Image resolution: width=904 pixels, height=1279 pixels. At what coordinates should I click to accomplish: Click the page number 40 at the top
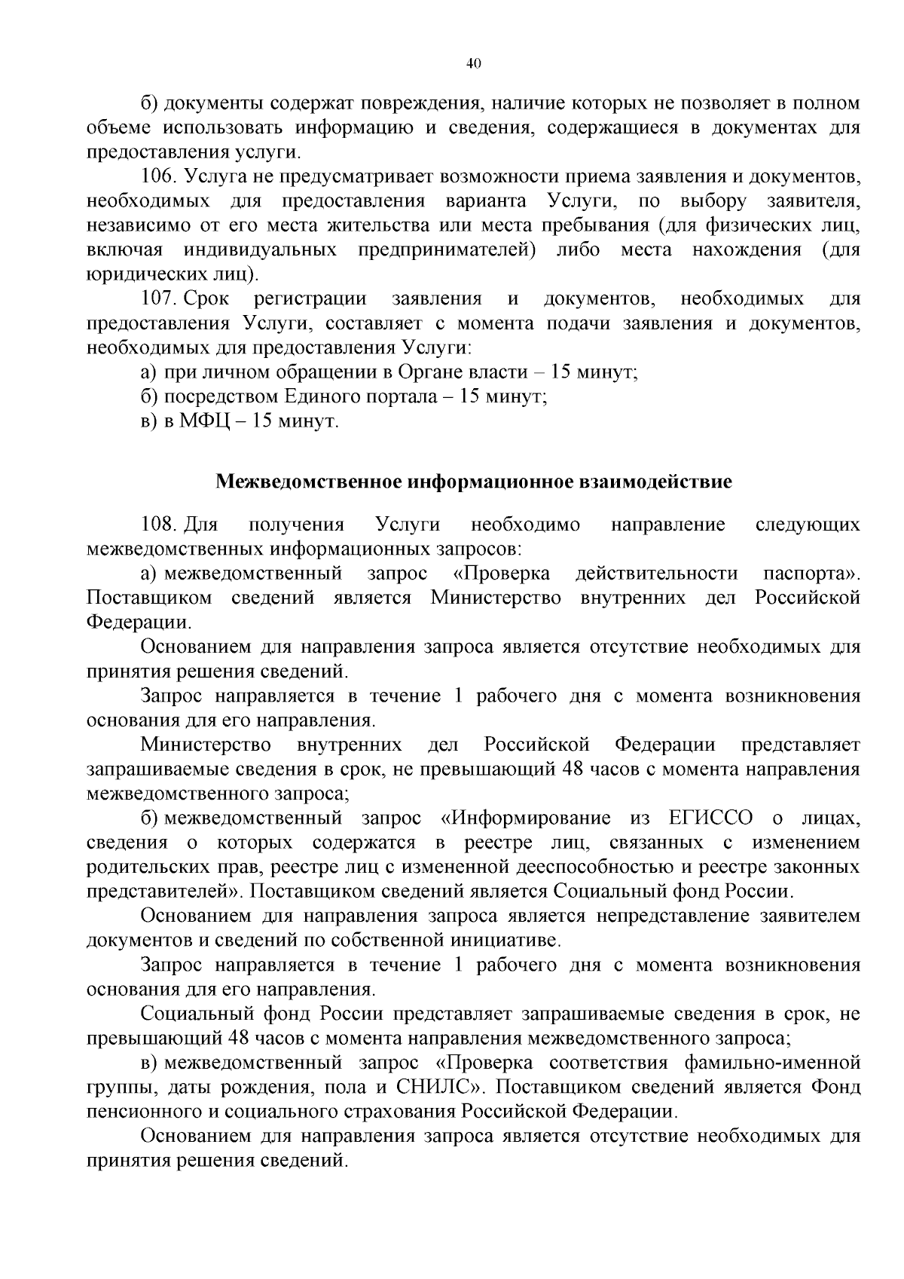click(x=473, y=64)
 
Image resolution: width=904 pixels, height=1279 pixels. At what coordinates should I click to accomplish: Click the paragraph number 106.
click(x=158, y=177)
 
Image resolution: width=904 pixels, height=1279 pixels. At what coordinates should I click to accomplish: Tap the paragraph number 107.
click(x=158, y=299)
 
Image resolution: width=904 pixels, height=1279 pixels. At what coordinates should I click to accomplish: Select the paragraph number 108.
click(x=158, y=525)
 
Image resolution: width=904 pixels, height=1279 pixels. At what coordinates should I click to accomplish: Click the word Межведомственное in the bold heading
click(x=309, y=482)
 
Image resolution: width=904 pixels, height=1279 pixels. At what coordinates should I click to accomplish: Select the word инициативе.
click(x=505, y=941)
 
